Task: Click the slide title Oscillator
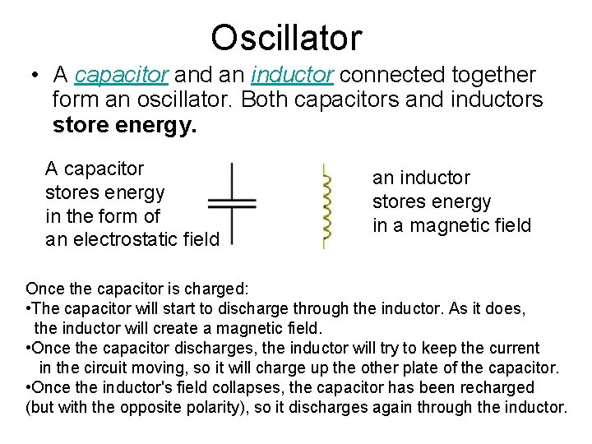pos(285,38)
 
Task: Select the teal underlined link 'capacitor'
pos(122,76)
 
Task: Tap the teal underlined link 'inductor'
pos(293,76)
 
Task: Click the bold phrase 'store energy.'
pos(125,127)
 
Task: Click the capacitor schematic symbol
pos(232,204)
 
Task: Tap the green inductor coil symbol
pos(326,206)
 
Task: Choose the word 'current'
pos(510,348)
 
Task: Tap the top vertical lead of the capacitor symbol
pos(233,180)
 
